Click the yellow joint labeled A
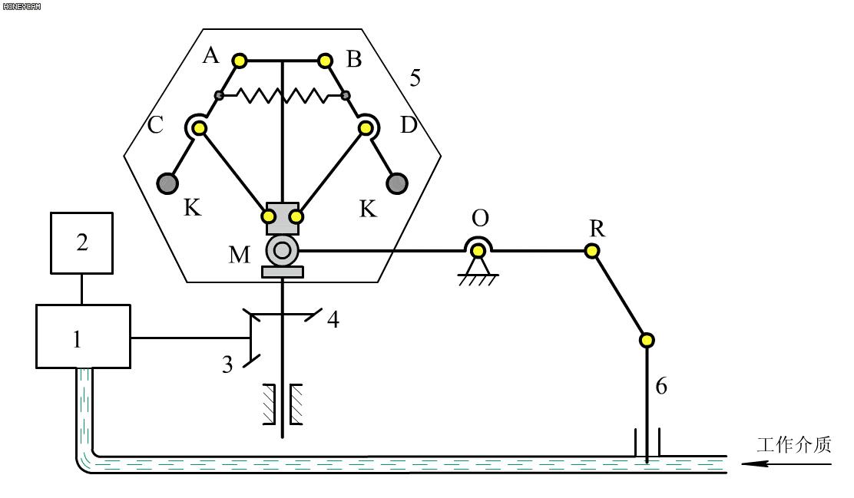click(240, 60)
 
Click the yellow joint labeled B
click(325, 60)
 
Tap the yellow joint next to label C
click(198, 129)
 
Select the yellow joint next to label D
click(365, 129)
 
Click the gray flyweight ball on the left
click(167, 183)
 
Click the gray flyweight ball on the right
click(396, 183)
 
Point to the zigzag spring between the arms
click(282, 95)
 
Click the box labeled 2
click(81, 243)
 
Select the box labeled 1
click(83, 336)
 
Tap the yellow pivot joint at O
click(478, 249)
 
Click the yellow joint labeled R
click(592, 250)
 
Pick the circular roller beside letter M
click(282, 249)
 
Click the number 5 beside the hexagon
click(415, 78)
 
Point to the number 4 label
click(333, 318)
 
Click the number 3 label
click(227, 364)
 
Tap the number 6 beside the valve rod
click(661, 386)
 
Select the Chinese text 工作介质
click(793, 445)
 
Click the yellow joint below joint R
click(646, 339)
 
